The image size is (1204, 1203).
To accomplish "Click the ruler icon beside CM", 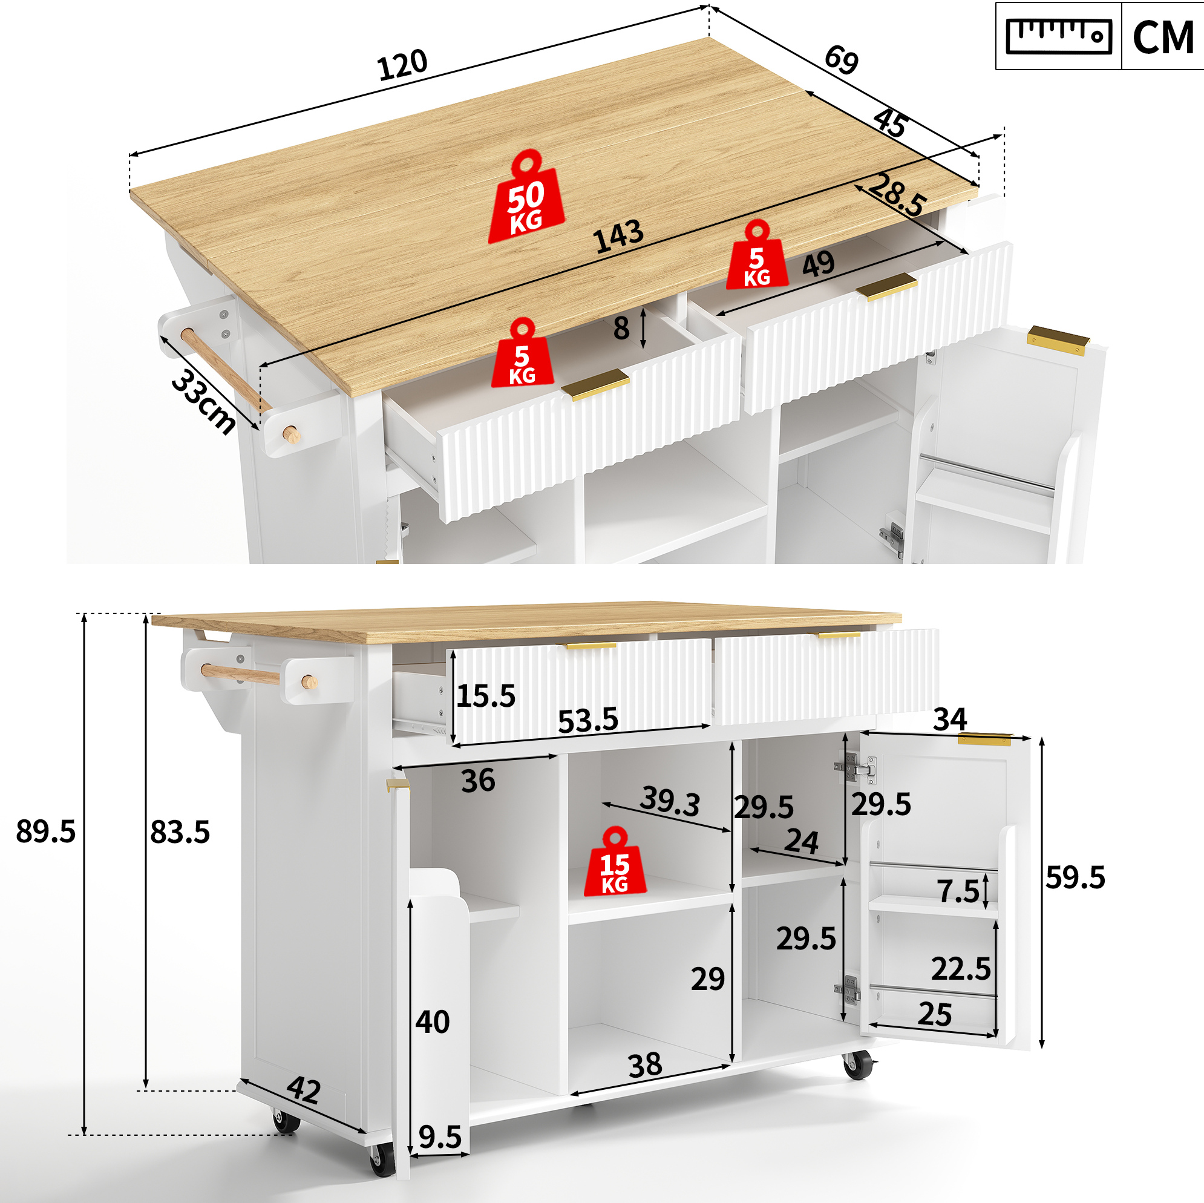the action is click(1059, 36).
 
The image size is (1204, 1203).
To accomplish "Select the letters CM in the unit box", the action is click(1163, 38).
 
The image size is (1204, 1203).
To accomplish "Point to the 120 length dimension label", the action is click(402, 64).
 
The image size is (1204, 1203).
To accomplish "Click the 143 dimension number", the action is click(618, 236).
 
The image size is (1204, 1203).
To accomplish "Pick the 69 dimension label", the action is click(842, 60).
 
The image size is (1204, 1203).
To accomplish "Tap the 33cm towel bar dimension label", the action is click(203, 401).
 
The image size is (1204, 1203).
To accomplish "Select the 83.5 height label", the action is click(180, 831).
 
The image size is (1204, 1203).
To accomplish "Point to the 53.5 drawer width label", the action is click(587, 721).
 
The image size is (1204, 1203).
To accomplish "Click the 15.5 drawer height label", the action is click(485, 695).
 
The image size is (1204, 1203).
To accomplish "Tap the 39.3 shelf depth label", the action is click(670, 801).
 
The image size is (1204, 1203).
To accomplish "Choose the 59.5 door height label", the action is click(1075, 877).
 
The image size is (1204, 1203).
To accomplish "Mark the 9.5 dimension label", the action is click(440, 1137).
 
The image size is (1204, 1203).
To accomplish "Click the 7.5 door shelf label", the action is click(958, 891).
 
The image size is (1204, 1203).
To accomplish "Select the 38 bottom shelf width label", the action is click(645, 1065).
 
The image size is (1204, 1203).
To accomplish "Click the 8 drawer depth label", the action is click(621, 328).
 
